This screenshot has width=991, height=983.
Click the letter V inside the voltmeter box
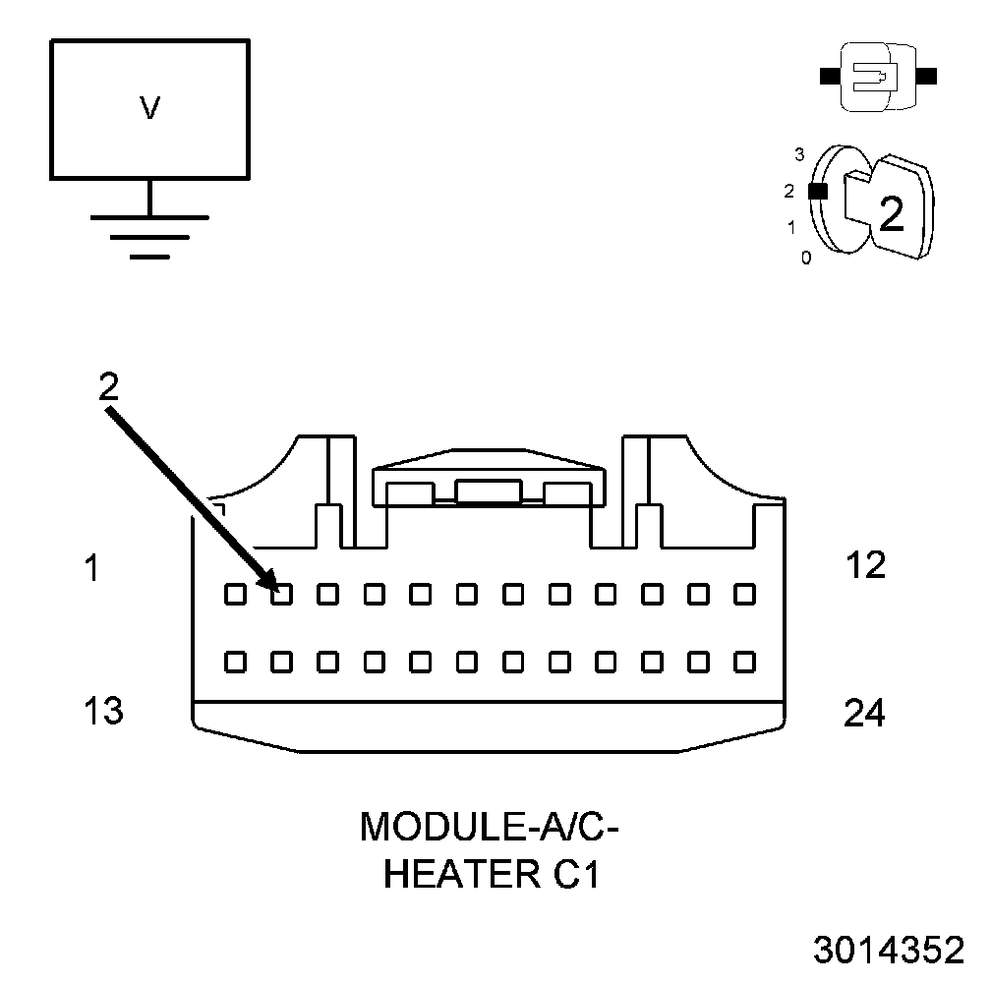[149, 107]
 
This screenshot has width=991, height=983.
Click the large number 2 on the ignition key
[891, 214]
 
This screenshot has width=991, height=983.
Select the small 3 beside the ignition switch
[799, 154]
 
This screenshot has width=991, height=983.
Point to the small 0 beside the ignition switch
[806, 259]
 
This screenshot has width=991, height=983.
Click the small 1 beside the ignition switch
[791, 228]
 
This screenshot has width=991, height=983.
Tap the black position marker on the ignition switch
[816, 192]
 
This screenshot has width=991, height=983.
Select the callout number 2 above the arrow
[108, 385]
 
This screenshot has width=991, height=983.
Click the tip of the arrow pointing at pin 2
[274, 587]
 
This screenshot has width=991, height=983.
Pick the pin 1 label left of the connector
[91, 567]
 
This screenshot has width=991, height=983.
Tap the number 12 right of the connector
[865, 565]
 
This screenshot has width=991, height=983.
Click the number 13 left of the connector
[103, 710]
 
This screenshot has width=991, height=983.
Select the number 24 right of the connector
[864, 713]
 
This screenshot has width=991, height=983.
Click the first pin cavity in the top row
[235, 594]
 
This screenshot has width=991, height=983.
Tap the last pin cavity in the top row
[744, 594]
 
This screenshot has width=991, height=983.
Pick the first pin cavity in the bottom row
[235, 661]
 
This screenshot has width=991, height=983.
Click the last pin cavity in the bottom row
[744, 661]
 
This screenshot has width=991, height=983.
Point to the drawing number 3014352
[889, 951]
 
